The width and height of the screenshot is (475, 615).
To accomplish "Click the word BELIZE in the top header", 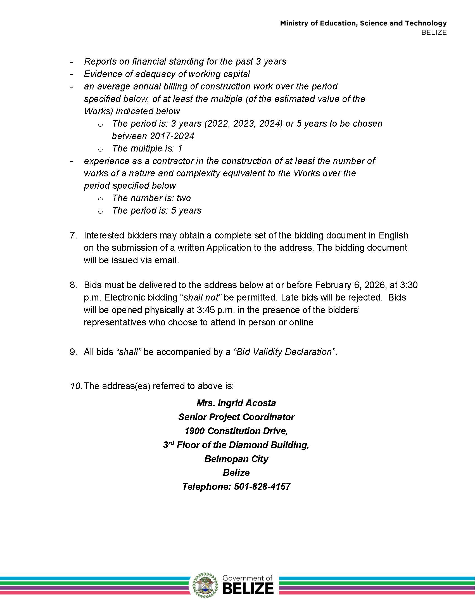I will pos(434,33).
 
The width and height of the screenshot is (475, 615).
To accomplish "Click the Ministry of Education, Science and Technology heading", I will pos(363,23).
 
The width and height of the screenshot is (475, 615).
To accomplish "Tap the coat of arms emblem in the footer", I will pos(205,585).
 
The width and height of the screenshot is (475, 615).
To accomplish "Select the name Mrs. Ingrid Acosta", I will pos(236,403).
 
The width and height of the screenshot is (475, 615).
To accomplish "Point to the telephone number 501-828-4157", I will pos(262,486).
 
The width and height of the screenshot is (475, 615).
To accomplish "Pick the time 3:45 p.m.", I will pos(215,310).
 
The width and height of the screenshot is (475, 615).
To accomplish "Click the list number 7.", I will pos(73,235).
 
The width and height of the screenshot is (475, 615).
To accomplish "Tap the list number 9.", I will pos(73,352).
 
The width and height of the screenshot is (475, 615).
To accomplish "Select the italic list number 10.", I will pos(76,386).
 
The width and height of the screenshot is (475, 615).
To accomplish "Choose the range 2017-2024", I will pos(172,136).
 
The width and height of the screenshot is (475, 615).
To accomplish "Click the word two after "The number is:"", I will pos(184,198).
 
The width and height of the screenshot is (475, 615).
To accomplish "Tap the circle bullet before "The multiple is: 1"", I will pos(101,149).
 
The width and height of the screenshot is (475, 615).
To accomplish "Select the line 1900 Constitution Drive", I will pos(236,431).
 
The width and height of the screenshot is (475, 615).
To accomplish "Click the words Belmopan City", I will pos(236,459).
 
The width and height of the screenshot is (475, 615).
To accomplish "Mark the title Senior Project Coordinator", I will pos(236,417).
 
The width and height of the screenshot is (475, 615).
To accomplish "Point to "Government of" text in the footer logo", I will pos(247,578).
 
